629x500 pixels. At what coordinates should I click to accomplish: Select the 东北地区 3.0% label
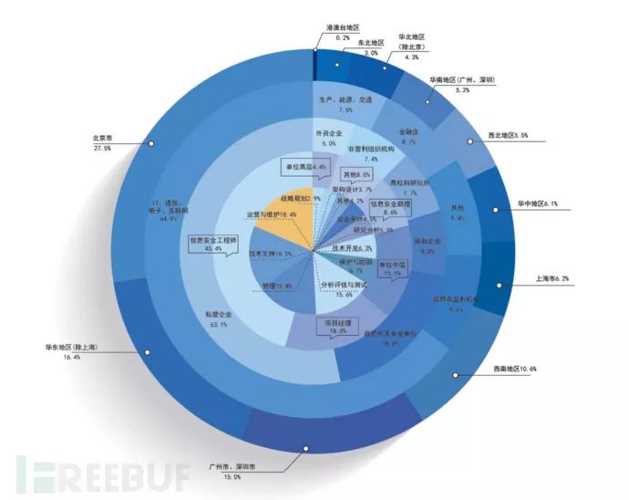370,47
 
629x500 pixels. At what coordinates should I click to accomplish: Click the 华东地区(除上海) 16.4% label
67,352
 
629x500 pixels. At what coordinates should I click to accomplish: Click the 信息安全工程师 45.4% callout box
212,244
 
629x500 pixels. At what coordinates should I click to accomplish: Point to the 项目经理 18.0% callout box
338,326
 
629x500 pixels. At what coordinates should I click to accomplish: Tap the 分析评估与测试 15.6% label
336,289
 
